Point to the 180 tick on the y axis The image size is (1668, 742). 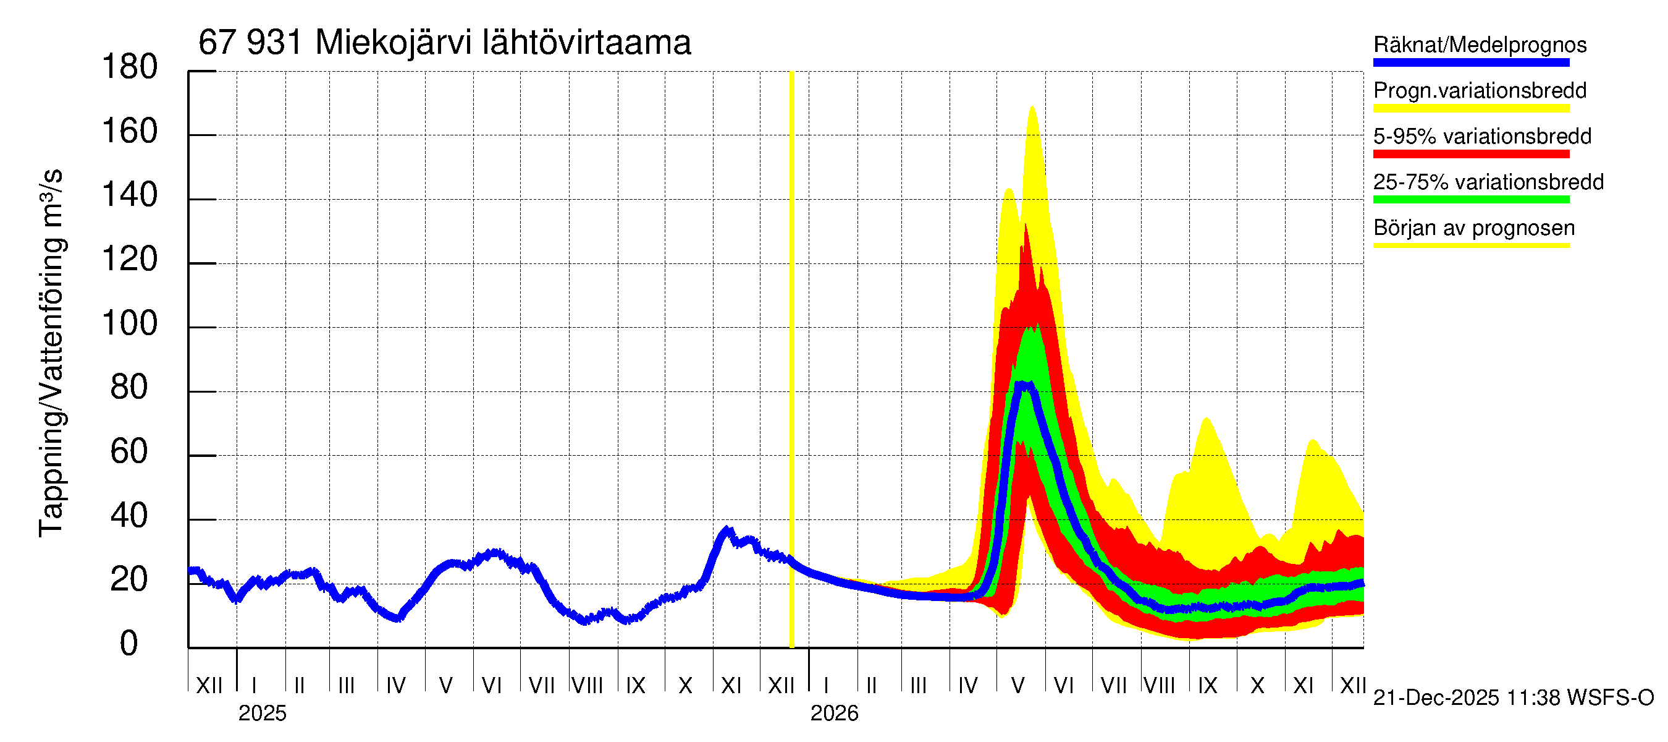pyautogui.click(x=130, y=67)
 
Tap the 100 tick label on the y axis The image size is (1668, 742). pyautogui.click(x=130, y=323)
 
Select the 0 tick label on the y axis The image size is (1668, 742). pyautogui.click(x=129, y=644)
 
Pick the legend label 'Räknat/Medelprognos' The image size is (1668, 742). pyautogui.click(x=1480, y=45)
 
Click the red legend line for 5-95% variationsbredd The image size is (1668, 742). pyautogui.click(x=1470, y=154)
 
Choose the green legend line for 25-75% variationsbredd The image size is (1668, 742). pyautogui.click(x=1470, y=200)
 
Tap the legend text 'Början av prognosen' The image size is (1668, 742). pyautogui.click(x=1474, y=228)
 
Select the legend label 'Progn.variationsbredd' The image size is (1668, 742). pyautogui.click(x=1480, y=91)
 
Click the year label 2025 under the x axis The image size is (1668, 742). pyautogui.click(x=262, y=714)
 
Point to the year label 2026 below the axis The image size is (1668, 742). pyautogui.click(x=834, y=714)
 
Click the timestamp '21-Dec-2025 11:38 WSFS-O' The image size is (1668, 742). pyautogui.click(x=1513, y=698)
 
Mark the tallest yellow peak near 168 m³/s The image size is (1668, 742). pyautogui.click(x=1032, y=108)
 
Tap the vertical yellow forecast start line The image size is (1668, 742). pyautogui.click(x=791, y=356)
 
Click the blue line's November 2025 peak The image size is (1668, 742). pyautogui.click(x=727, y=530)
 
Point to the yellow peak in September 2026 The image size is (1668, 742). pyautogui.click(x=1207, y=419)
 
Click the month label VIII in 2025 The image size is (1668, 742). pyautogui.click(x=588, y=685)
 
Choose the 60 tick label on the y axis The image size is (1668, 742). pyautogui.click(x=129, y=451)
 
